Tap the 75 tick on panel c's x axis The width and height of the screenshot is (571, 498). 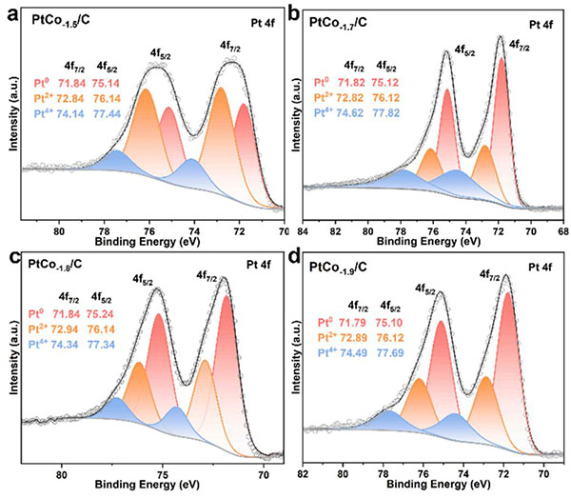coord(163,469)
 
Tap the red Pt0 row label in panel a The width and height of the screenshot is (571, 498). coord(40,82)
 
